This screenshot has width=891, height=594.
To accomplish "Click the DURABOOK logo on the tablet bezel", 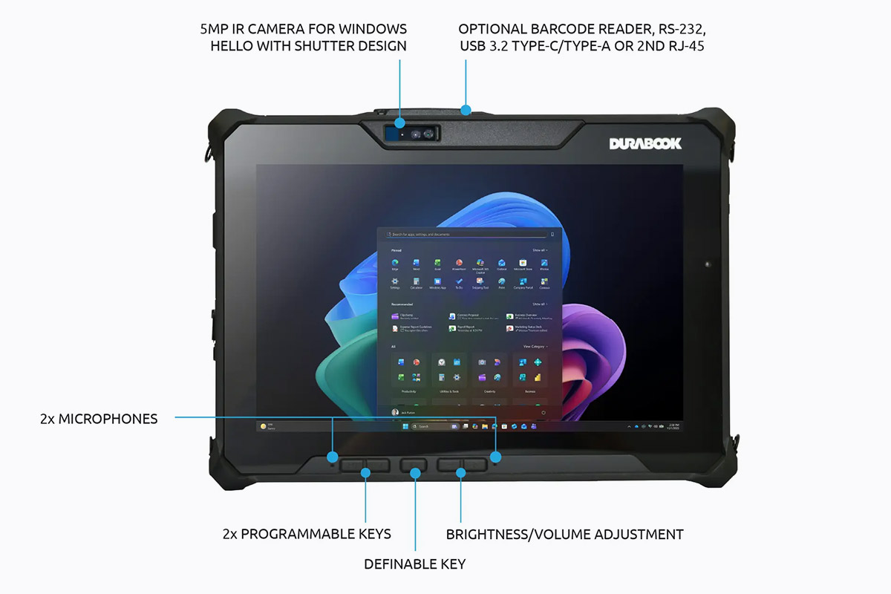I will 645,143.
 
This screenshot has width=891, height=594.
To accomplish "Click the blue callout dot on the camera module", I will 399,124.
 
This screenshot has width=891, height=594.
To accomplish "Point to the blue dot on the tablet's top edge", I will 466,111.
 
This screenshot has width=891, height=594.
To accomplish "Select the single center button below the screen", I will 414,466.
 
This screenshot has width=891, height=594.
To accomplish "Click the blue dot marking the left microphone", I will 333,457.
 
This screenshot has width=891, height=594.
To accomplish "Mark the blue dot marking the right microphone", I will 496,457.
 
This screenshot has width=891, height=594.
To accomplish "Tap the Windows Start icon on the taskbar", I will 405,427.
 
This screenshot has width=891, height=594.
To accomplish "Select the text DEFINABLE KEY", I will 414,564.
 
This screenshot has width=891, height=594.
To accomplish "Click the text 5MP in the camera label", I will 213,30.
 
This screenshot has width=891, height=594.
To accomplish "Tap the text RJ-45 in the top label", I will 683,46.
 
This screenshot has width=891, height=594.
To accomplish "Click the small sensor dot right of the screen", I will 707,264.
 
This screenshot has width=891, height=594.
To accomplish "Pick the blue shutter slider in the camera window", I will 394,134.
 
